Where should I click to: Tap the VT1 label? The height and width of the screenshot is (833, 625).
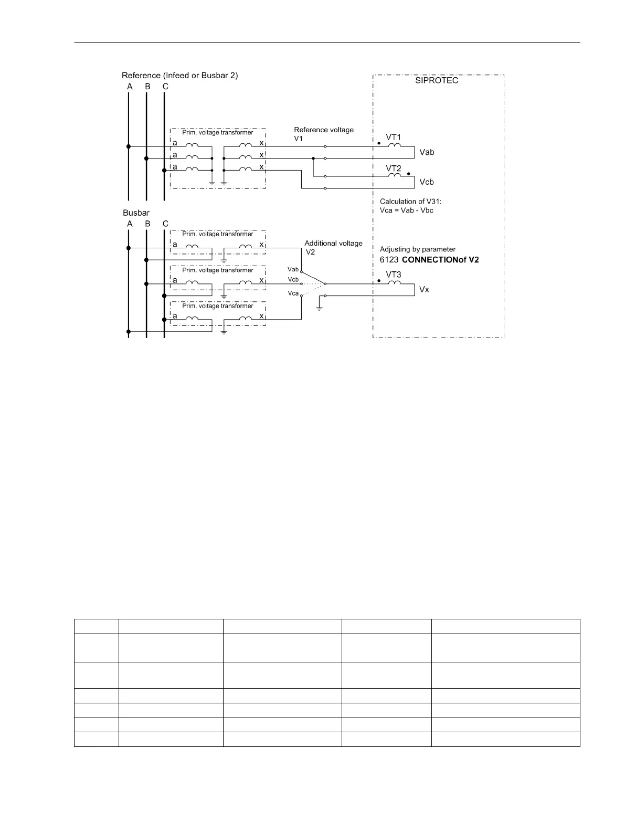click(x=394, y=138)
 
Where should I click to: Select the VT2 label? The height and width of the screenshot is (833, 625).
click(x=394, y=168)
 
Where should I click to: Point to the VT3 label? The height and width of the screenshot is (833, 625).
click(x=394, y=275)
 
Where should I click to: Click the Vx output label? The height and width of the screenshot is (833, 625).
click(x=424, y=289)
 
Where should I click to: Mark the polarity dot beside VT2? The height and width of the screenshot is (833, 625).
click(x=409, y=174)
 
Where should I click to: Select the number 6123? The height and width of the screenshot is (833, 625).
click(x=389, y=260)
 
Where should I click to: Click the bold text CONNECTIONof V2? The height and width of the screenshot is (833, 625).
click(x=440, y=260)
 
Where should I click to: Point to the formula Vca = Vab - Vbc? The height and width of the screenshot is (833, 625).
click(x=407, y=210)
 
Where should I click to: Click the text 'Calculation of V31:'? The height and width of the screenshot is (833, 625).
click(x=411, y=202)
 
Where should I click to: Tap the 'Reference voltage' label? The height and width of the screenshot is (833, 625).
click(x=324, y=130)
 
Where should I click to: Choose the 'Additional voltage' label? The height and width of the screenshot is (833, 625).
click(x=333, y=243)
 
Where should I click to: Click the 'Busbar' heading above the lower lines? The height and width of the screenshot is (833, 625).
click(x=136, y=213)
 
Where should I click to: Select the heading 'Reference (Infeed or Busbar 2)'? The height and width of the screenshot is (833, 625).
click(x=179, y=76)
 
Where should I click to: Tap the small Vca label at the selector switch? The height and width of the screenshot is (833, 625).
click(x=293, y=293)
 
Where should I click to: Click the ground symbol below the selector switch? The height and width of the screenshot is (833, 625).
click(x=319, y=307)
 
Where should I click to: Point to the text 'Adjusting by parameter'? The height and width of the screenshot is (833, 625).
click(x=418, y=249)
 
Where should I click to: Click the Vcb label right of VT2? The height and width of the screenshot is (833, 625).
click(x=427, y=182)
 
